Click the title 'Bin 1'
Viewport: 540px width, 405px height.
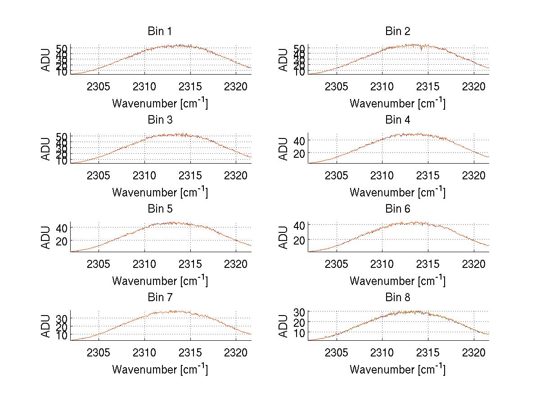click(x=160, y=31)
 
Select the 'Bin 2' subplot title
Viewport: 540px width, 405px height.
click(x=398, y=31)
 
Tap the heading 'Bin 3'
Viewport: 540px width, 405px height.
click(x=160, y=120)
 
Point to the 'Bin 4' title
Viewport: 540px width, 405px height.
click(x=398, y=120)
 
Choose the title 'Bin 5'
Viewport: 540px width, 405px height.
click(x=160, y=209)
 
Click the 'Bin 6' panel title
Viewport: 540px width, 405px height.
click(x=398, y=209)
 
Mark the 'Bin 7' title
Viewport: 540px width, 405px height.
click(x=160, y=298)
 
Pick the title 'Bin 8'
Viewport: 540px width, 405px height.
click(x=398, y=298)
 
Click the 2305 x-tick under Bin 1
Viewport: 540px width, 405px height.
click(x=99, y=87)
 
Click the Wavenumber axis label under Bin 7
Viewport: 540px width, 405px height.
click(x=160, y=369)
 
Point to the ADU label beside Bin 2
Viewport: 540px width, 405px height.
click(x=283, y=60)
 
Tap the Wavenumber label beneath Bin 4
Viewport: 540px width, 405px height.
click(x=398, y=192)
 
